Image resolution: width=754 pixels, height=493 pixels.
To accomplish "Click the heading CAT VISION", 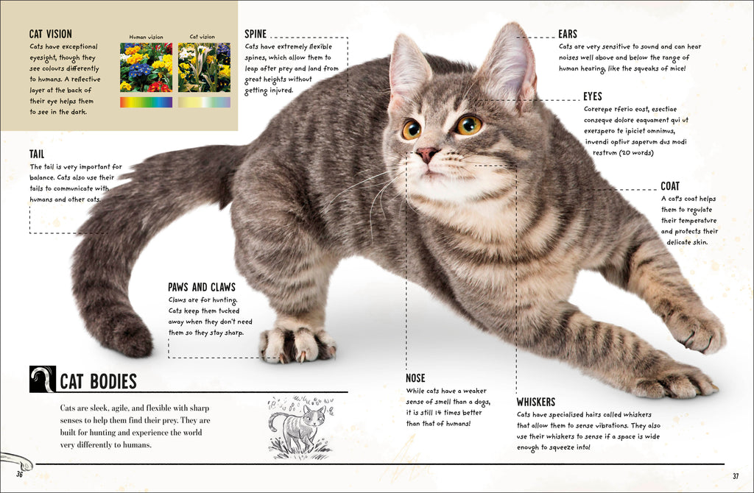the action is pyautogui.click(x=51, y=34).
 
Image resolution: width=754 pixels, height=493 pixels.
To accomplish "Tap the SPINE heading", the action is pyautogui.click(x=256, y=34).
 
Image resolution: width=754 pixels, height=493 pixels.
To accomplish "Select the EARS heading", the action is pyautogui.click(x=568, y=34).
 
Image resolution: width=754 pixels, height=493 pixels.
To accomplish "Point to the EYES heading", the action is pyautogui.click(x=593, y=96).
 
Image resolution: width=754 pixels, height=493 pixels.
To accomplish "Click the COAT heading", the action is pyautogui.click(x=670, y=186).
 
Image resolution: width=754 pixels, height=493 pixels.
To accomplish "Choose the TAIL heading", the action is pyautogui.click(x=37, y=155).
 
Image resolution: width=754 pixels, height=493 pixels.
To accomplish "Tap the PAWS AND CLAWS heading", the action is pyautogui.click(x=202, y=288).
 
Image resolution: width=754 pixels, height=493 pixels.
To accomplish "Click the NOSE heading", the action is pyautogui.click(x=415, y=378).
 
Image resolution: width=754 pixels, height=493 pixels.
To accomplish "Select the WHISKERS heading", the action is pyautogui.click(x=536, y=402).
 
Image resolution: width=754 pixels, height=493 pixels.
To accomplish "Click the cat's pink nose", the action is pyautogui.click(x=426, y=155).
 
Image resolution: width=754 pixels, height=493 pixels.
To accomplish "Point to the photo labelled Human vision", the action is pyautogui.click(x=147, y=67).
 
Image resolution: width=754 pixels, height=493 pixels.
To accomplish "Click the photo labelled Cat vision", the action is pyautogui.click(x=204, y=67).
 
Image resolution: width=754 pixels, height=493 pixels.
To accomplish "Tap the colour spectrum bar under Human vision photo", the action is pyautogui.click(x=147, y=102).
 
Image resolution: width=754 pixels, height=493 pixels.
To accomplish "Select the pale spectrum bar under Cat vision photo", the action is pyautogui.click(x=204, y=102).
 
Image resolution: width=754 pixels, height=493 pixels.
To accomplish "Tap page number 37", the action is pyautogui.click(x=736, y=476).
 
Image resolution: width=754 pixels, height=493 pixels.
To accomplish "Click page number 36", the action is pyautogui.click(x=19, y=475).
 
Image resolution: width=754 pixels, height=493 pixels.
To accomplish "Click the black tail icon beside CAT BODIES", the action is pyautogui.click(x=42, y=380).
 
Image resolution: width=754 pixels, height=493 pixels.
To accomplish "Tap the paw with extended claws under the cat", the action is pyautogui.click(x=296, y=344).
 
